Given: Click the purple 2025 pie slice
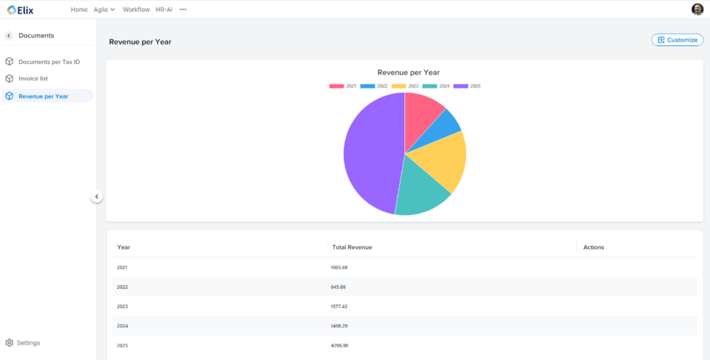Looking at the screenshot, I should (x=371, y=154).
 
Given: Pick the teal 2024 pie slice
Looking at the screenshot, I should (x=420, y=191).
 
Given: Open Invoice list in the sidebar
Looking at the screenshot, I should (x=33, y=78).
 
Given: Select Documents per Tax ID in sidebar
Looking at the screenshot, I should (x=49, y=62).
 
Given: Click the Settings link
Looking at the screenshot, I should (x=28, y=343).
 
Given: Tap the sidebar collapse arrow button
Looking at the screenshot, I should (x=97, y=197).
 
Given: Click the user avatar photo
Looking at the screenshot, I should (x=697, y=9).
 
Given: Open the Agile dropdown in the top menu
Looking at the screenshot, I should (x=104, y=10).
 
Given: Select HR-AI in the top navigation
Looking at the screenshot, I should (x=164, y=10).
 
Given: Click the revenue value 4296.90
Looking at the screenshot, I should (x=340, y=345).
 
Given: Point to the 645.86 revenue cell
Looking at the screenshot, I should (x=338, y=286).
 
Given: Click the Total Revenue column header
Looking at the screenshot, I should (x=352, y=247).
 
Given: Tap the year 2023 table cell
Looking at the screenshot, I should (x=123, y=306).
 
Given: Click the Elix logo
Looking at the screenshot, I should (x=20, y=10).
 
